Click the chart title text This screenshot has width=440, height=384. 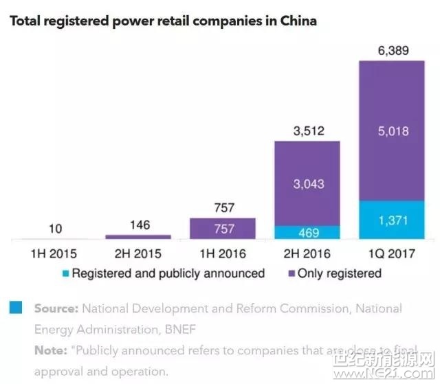coord(163,21)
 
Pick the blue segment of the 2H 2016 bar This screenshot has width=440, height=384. coord(307,233)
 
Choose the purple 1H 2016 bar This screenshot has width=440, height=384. coord(223,229)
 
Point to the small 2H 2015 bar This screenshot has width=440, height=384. coord(138,237)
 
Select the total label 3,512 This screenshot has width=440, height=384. coord(307,131)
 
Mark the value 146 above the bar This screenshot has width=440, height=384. coord(138,225)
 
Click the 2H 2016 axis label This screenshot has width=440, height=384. coord(307,253)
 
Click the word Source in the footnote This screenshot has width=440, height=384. coord(57,308)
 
